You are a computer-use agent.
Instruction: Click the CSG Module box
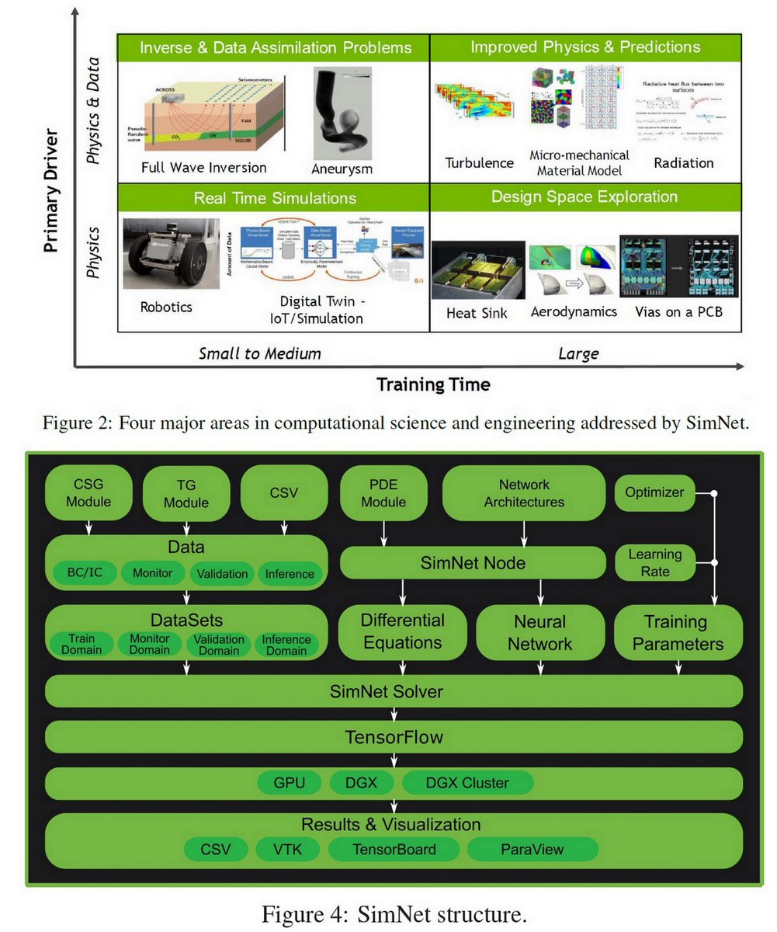(x=88, y=493)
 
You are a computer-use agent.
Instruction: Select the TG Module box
(x=186, y=494)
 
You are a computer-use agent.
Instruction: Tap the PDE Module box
(x=383, y=493)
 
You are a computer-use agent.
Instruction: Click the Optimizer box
(x=654, y=492)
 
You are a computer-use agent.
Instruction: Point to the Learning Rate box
(x=654, y=562)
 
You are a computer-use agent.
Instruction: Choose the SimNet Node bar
(x=473, y=562)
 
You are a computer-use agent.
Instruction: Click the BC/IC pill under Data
(x=83, y=573)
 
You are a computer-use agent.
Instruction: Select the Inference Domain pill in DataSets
(x=286, y=644)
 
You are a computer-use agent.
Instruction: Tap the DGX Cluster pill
(x=467, y=782)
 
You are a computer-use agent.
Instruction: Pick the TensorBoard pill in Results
(x=394, y=849)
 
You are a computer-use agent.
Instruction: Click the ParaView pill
(x=532, y=849)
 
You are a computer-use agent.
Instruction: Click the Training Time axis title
(x=433, y=384)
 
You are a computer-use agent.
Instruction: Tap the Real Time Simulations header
(x=275, y=198)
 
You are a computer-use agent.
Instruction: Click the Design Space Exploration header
(x=584, y=196)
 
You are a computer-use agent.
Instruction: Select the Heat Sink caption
(x=477, y=312)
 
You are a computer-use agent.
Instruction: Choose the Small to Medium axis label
(x=259, y=354)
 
